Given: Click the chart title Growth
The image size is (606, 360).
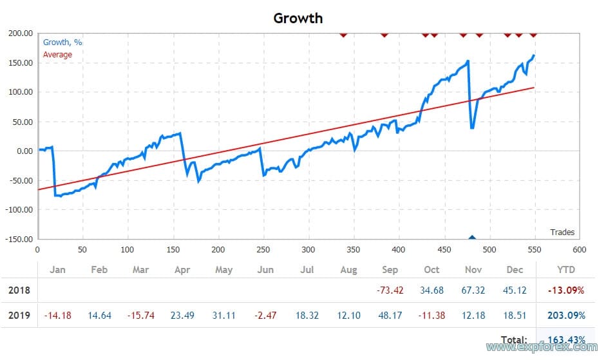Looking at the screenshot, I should tap(298, 17).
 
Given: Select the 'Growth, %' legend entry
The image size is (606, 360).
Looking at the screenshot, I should tap(62, 43).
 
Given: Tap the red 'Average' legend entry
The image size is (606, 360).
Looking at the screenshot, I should tap(57, 55).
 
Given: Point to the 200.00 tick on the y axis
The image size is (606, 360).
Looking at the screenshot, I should tap(20, 33).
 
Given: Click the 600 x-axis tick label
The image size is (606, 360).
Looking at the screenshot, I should tap(580, 250).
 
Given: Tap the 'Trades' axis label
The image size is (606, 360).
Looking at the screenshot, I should tap(562, 232).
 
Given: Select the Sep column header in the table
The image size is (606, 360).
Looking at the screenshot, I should tap(390, 270).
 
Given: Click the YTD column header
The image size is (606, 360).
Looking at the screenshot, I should tap(565, 270).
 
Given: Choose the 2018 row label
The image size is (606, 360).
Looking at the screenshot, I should tap(19, 290).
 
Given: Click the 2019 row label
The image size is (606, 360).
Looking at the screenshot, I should tap(19, 316).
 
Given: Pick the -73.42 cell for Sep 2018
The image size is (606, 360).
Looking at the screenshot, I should tap(390, 290).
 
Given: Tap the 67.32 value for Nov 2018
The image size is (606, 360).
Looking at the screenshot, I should tap(473, 290).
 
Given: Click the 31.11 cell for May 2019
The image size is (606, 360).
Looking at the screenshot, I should tap(223, 316).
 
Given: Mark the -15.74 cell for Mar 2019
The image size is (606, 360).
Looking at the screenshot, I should tap(140, 316).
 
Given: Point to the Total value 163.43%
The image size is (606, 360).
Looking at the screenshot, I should tap(565, 339).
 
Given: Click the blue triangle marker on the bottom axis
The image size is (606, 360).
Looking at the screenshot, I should tap(472, 238).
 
